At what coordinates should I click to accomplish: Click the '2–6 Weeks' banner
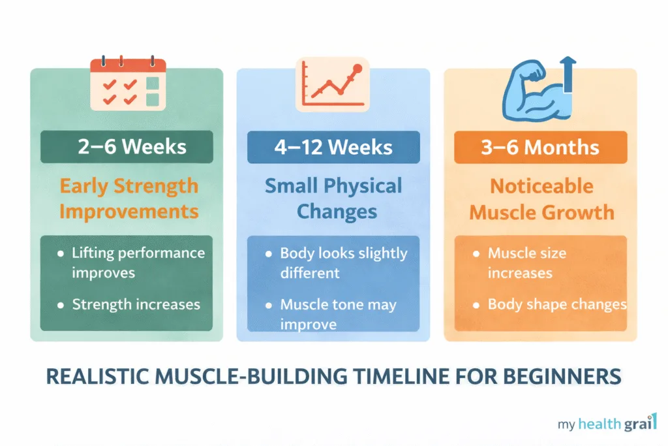click(127, 147)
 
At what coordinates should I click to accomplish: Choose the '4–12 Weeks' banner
click(333, 147)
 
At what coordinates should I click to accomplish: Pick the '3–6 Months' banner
click(540, 147)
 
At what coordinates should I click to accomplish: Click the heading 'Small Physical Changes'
click(333, 199)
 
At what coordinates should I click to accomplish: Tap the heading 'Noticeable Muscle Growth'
click(541, 199)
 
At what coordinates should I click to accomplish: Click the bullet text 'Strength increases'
click(136, 304)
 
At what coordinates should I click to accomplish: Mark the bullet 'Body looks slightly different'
click(343, 262)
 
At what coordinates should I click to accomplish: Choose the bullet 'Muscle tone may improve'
click(338, 313)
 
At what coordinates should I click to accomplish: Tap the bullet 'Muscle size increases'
click(527, 262)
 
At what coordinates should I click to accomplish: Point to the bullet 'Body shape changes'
click(556, 304)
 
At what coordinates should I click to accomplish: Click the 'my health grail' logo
click(607, 423)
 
